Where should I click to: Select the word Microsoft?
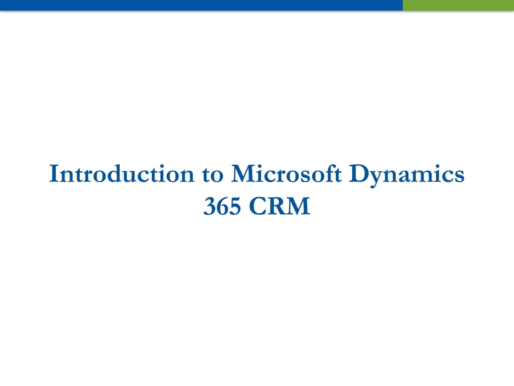pos(286,174)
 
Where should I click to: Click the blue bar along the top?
pos(201,5)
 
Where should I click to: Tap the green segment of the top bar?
pos(458,5)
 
